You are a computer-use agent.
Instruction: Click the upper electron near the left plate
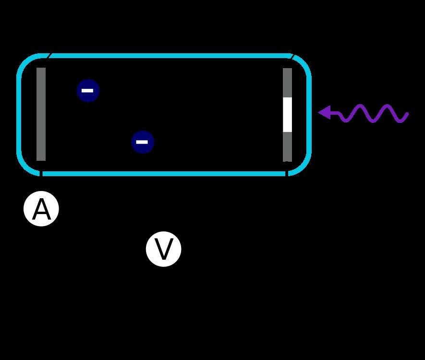[88, 90]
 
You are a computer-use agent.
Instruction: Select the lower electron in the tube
[142, 142]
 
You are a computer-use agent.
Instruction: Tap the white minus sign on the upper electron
[87, 90]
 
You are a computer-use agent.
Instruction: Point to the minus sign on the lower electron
[142, 142]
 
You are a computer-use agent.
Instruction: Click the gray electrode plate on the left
[41, 114]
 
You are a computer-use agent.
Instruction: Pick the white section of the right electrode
[287, 114]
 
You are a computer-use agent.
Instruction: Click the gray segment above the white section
[287, 83]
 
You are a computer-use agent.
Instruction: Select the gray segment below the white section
[287, 146]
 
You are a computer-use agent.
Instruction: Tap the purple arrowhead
[325, 112]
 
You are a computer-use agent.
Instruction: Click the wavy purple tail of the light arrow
[375, 113]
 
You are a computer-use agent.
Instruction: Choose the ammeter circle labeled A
[41, 209]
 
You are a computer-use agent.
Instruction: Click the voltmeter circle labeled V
[164, 249]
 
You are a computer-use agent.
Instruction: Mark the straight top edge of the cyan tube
[168, 56]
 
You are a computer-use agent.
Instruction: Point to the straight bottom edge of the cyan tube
[163, 173]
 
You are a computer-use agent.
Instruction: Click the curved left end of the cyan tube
[19, 114]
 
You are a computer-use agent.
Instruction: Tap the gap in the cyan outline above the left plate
[48, 56]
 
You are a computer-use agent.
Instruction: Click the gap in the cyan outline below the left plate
[41, 173]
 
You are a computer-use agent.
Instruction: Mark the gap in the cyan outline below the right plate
[287, 173]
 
